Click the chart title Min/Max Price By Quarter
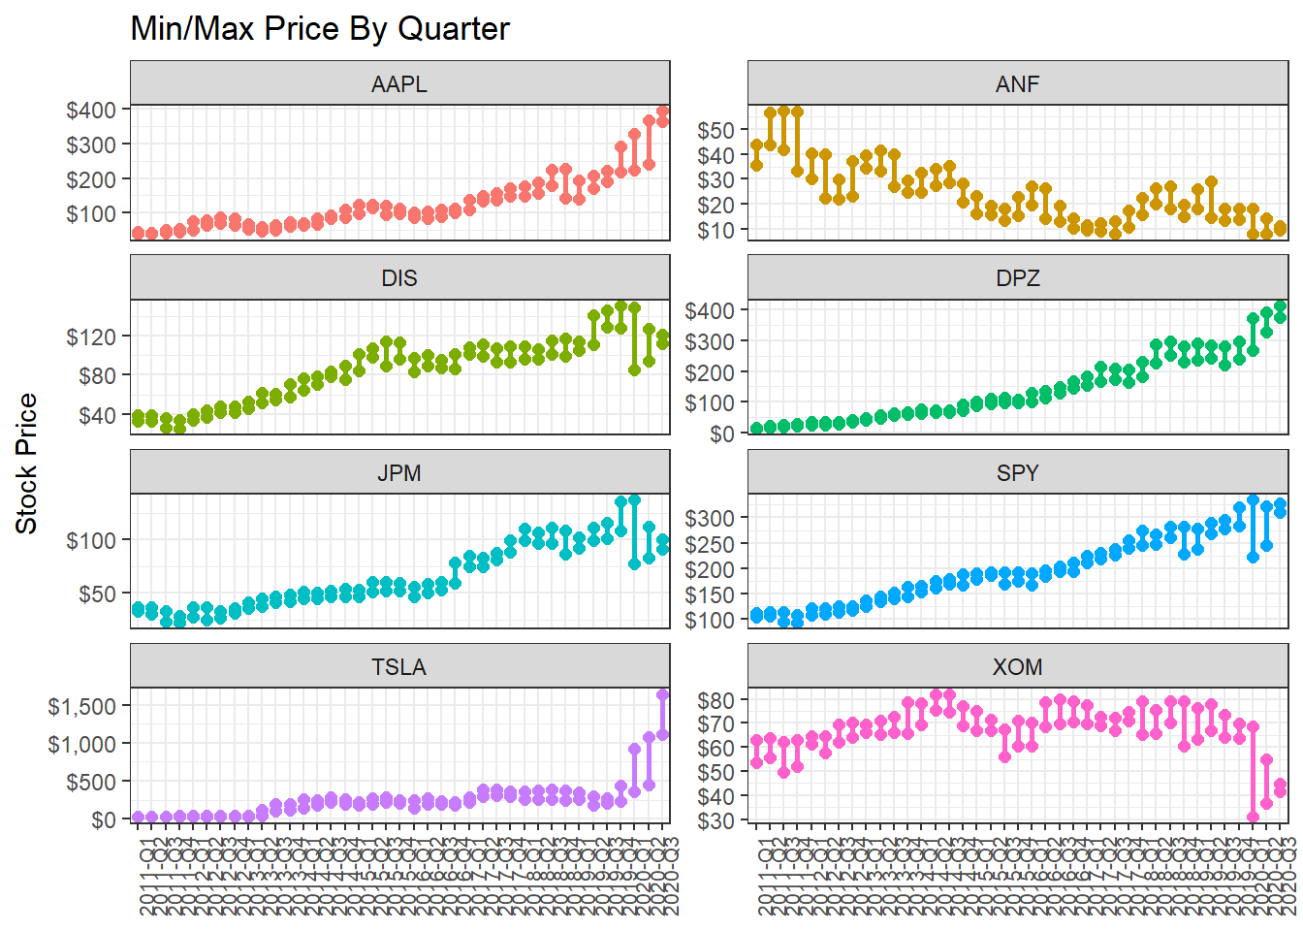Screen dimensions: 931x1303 click(x=320, y=29)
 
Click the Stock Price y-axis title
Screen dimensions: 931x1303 click(x=26, y=464)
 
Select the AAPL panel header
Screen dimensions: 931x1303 click(x=399, y=83)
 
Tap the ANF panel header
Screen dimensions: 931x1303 click(x=1017, y=83)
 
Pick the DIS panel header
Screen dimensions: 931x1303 click(x=399, y=278)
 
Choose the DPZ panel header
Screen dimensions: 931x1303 click(x=1017, y=278)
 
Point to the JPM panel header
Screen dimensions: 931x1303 click(x=399, y=473)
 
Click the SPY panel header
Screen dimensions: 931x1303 click(x=1017, y=473)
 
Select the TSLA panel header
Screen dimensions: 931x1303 click(x=399, y=667)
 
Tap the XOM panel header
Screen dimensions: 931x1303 click(x=1017, y=667)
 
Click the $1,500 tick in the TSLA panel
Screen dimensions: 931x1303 click(x=82, y=706)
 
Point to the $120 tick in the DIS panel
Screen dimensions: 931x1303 click(x=91, y=337)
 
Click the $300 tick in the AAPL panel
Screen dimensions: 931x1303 click(x=91, y=144)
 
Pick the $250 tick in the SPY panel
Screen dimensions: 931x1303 click(x=710, y=544)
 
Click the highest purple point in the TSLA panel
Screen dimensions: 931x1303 click(x=663, y=694)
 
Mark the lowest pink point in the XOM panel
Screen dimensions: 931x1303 click(x=1253, y=818)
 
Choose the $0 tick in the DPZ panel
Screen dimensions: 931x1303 click(x=722, y=433)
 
